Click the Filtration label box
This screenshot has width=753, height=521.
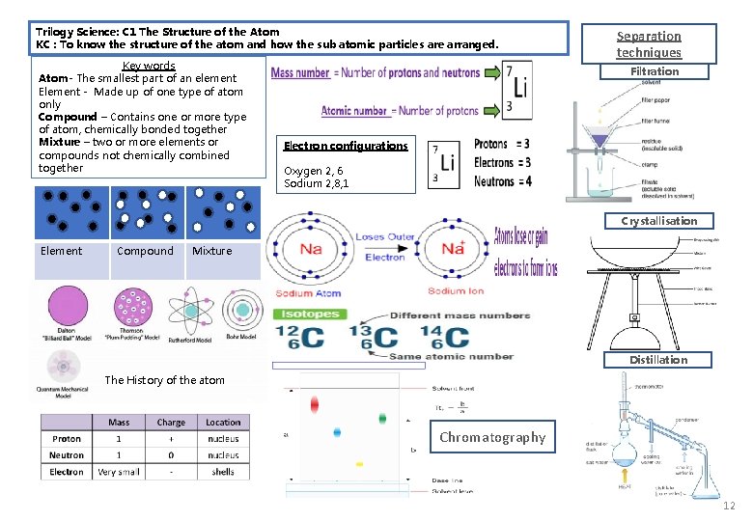coord(655,71)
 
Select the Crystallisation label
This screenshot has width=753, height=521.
coord(658,221)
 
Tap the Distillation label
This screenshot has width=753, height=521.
coord(658,360)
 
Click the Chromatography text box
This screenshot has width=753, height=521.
coord(492,437)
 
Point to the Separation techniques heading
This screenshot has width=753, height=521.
coord(649,44)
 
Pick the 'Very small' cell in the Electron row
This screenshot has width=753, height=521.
coord(119,472)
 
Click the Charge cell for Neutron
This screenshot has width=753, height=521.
coord(171,454)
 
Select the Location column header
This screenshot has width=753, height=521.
coord(222,422)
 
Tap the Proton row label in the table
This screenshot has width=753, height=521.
coord(67,438)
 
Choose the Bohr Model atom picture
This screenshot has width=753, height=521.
coord(243,311)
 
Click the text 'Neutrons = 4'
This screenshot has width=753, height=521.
coord(502,181)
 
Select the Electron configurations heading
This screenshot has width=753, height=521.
coord(346,146)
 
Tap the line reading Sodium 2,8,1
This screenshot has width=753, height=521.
coord(317,183)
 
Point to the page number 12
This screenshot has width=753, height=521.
coord(729,507)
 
